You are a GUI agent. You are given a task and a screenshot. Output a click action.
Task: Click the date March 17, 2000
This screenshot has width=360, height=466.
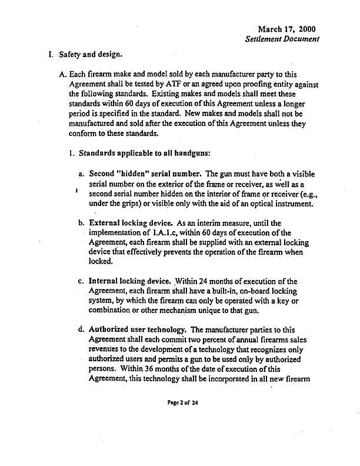pos(286,29)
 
